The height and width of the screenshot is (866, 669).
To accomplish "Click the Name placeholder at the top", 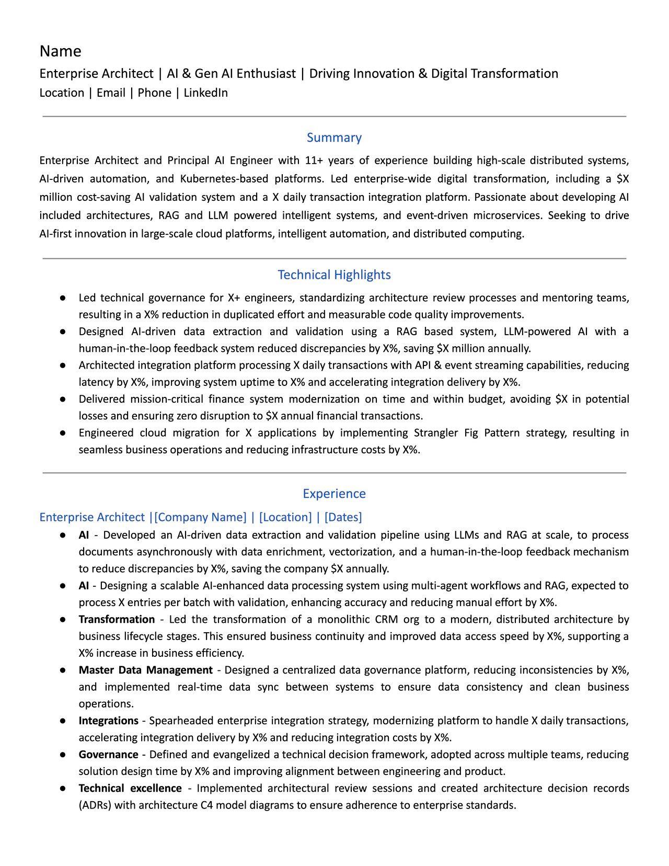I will click(61, 51).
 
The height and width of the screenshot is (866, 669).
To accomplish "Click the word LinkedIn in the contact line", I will click(205, 93).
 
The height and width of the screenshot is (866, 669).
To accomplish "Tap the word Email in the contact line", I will click(111, 93).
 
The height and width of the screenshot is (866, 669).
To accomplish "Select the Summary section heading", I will click(334, 138).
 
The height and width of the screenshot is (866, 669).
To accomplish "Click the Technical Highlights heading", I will click(334, 275).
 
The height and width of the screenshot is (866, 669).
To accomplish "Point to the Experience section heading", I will click(334, 494).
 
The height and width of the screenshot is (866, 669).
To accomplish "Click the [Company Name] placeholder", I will click(200, 517).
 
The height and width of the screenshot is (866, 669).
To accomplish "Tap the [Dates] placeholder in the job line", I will click(343, 517).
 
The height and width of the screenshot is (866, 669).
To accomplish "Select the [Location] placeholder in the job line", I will click(285, 517).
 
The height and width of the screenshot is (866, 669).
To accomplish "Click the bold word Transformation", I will click(117, 620).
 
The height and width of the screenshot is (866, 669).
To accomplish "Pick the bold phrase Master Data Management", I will click(145, 670).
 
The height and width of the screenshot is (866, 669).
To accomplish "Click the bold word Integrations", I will click(108, 721).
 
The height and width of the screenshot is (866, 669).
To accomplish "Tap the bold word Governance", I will click(108, 755).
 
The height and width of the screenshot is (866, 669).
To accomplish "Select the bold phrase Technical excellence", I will click(130, 789).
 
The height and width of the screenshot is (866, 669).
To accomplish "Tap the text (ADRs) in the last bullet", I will click(95, 805).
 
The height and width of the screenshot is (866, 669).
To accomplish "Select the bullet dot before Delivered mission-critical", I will click(63, 399).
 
